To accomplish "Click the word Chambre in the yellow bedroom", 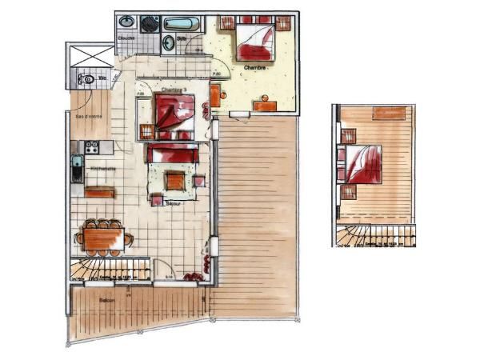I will [255, 67].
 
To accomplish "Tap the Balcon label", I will [107, 300].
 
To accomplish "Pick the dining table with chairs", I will [104, 238].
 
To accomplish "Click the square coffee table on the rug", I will [174, 181].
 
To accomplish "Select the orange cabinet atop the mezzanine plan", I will [389, 113].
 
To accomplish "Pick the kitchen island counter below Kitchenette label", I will [99, 192].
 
